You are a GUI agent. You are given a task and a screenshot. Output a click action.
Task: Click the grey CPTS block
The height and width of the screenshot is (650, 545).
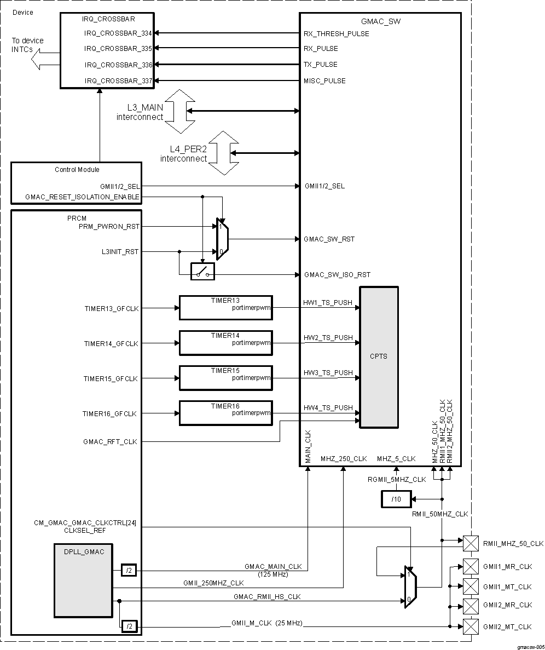(378, 356)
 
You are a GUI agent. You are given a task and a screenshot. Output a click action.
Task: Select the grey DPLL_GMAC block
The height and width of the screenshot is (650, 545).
(83, 579)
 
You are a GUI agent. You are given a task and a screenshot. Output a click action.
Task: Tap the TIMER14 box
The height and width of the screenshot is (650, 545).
(225, 343)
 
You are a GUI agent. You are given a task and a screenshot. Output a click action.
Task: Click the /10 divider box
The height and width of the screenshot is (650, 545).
(396, 499)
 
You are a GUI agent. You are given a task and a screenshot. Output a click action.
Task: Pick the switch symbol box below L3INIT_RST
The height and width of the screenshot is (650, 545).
(202, 272)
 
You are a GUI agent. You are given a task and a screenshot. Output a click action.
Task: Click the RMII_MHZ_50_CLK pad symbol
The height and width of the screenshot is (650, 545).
(470, 543)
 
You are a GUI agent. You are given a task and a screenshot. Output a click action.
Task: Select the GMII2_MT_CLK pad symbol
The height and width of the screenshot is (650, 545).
(470, 626)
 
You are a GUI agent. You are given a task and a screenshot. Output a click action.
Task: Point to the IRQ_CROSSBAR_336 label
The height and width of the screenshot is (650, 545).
(118, 65)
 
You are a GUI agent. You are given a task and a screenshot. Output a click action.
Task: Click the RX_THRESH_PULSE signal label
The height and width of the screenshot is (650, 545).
(336, 34)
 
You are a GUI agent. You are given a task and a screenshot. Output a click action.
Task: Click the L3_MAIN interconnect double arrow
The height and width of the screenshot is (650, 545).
(179, 111)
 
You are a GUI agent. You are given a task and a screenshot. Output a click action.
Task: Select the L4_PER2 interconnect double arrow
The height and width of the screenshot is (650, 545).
(223, 153)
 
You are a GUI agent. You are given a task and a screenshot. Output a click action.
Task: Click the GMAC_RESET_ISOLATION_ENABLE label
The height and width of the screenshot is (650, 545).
(82, 197)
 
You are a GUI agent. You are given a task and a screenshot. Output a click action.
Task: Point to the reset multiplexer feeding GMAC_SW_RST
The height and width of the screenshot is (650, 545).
(221, 239)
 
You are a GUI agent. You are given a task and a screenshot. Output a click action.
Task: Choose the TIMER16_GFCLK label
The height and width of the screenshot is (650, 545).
(110, 414)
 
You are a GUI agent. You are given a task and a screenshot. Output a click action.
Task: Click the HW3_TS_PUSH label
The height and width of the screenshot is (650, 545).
(328, 373)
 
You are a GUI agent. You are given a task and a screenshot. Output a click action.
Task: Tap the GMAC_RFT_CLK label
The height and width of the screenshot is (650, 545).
(110, 441)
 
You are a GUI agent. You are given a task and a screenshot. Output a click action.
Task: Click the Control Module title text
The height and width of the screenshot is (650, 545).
(77, 170)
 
